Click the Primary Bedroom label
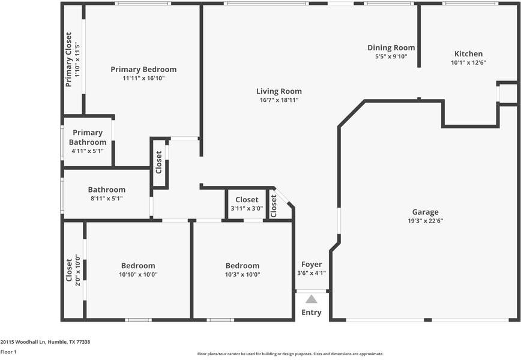[x=143, y=70]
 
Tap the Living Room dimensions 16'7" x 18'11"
[x=279, y=100]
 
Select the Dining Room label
[x=391, y=48]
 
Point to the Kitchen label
[x=468, y=54]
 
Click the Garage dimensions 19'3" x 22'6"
[x=425, y=221]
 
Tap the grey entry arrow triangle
[x=311, y=299]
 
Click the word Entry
[x=311, y=313]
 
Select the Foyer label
[x=312, y=265]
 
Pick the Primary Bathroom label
[x=88, y=137]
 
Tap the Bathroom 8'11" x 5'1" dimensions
[x=107, y=199]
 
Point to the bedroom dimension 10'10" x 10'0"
[x=138, y=275]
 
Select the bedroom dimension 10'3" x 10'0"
[x=242, y=275]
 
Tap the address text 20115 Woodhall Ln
[x=45, y=341]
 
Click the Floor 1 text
[x=8, y=352]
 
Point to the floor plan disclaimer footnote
[x=291, y=354]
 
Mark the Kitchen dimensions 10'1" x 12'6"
[x=468, y=62]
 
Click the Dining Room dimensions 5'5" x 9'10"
[x=391, y=57]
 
